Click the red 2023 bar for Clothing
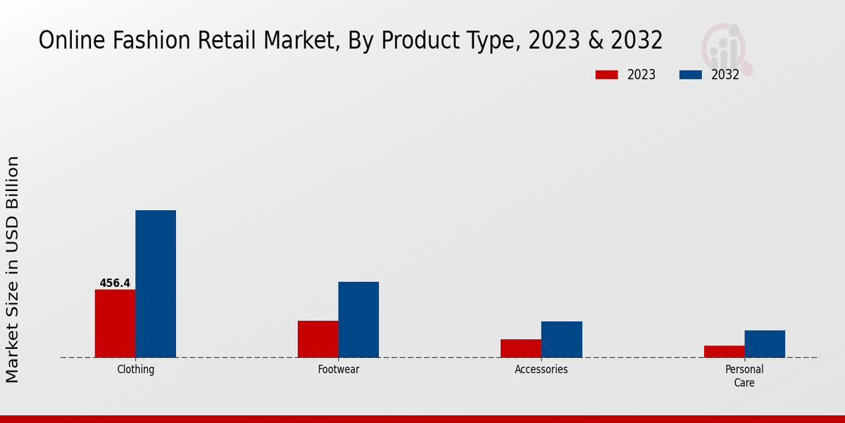[115, 323]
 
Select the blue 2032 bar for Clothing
[156, 283]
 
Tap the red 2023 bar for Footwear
[318, 338]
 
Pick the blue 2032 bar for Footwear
[358, 319]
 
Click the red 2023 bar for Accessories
[521, 348]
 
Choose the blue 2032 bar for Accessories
[562, 339]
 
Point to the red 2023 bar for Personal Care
[724, 351]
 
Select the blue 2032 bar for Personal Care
[765, 343]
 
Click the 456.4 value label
[115, 283]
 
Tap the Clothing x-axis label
[135, 369]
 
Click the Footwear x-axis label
[339, 369]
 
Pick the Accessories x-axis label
[542, 369]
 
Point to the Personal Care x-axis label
[744, 376]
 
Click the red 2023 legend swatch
[606, 75]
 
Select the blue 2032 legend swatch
[691, 75]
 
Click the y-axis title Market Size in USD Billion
[13, 269]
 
